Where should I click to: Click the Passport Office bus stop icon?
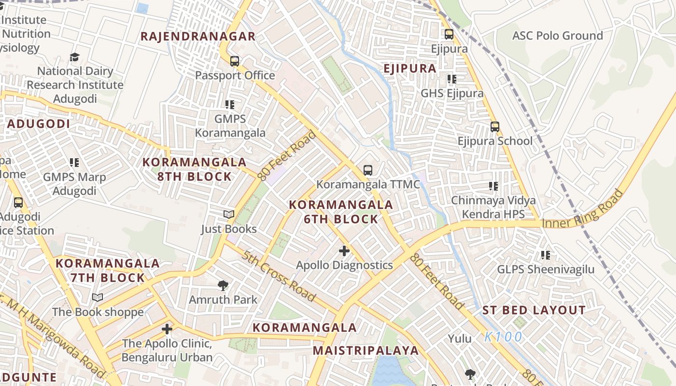[x=235, y=61]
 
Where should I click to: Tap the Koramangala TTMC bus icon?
[x=368, y=170]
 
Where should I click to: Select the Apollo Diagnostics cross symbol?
[x=344, y=251]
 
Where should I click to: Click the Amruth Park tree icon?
[x=223, y=285]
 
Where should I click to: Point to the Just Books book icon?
[x=229, y=214]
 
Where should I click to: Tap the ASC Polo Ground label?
[x=557, y=36]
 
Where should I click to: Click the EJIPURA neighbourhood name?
[x=410, y=69]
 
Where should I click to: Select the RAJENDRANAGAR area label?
[x=198, y=37]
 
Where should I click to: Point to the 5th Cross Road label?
[x=279, y=276]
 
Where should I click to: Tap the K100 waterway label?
[x=503, y=337]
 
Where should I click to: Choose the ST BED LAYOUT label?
[x=534, y=310]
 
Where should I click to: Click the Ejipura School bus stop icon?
[x=495, y=127]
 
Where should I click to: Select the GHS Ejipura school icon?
[x=451, y=79]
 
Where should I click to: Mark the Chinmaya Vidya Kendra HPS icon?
[x=493, y=186]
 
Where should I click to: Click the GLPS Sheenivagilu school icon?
[x=546, y=255]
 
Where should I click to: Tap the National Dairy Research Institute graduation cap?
[x=74, y=57]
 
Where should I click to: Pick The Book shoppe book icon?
[x=98, y=298]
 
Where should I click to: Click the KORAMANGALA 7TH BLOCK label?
[x=108, y=271]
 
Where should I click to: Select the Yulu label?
[x=460, y=339]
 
